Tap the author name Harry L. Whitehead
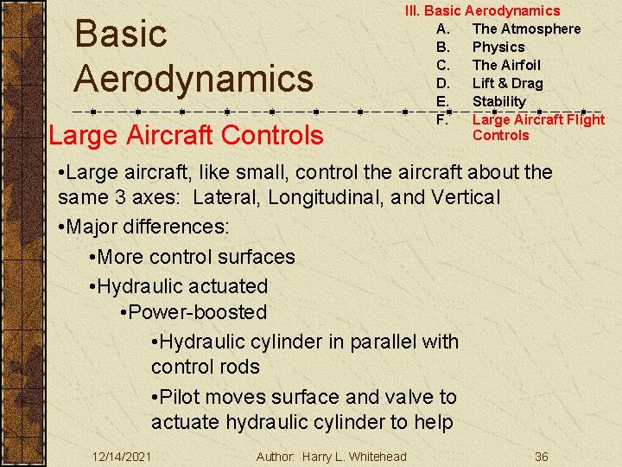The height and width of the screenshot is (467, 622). pos(354,456)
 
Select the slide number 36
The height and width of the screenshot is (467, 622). pos(541,456)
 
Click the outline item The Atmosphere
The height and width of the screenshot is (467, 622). pos(526,29)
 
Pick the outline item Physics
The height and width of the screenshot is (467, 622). pos(498,47)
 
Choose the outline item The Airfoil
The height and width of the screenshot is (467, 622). pos(506,65)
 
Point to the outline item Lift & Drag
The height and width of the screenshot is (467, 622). pos(507,83)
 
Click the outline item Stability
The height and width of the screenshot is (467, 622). pos(498,101)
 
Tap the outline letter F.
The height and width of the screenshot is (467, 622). pos(441,119)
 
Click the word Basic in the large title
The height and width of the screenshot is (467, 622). pos(121,35)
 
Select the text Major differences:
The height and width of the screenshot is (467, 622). pos(148,227)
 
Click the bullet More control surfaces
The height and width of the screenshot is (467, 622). pos(196,257)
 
